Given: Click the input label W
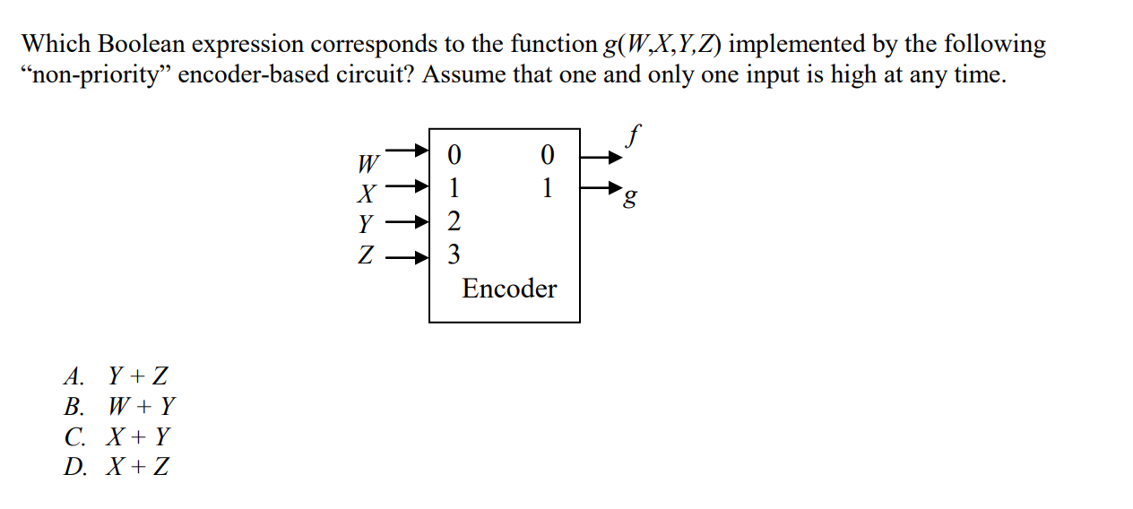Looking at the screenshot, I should (368, 164).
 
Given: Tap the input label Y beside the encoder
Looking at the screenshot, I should (366, 222).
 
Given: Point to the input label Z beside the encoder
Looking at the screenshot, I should (366, 256).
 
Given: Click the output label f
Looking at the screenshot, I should (634, 137).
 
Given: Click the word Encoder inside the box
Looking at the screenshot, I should (508, 289).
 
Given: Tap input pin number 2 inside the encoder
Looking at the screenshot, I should (454, 221).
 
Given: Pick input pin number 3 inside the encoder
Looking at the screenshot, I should (454, 255).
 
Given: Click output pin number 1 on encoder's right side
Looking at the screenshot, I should (548, 189).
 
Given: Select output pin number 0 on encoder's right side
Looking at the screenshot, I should (548, 156).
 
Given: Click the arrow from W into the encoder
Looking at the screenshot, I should (409, 152).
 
